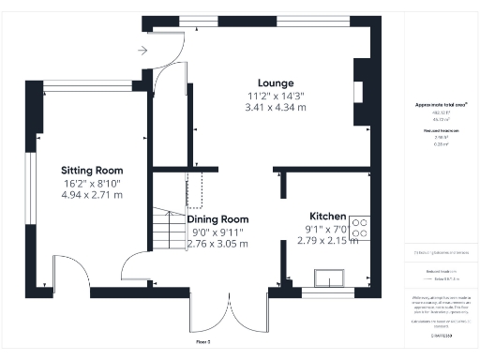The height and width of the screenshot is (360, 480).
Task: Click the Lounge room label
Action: coord(277,82)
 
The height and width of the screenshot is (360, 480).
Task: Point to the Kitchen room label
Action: coord(325,216)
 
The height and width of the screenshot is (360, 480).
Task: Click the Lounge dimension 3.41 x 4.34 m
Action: coord(277,108)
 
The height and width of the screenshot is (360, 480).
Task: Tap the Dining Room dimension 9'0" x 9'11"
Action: coord(217,232)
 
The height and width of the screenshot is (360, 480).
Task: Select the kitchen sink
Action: coord(331,277)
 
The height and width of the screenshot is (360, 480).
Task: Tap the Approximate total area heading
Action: coord(441,105)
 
